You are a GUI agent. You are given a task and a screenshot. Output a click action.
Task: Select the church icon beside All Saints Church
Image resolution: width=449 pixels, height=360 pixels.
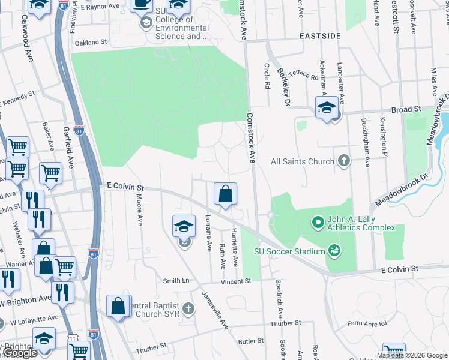(343, 160)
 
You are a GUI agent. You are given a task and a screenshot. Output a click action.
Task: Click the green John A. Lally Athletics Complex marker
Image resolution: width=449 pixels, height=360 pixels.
(318, 223)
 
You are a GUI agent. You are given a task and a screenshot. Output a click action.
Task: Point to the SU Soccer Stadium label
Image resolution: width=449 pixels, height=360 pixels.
(289, 251)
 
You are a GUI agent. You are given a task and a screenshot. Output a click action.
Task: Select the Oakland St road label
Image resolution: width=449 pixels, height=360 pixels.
(91, 43)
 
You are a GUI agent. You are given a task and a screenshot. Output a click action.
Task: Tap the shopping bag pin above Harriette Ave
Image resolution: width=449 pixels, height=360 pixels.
(225, 195)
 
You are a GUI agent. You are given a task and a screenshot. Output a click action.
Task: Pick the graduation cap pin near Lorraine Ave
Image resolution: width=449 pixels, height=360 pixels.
(184, 227)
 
